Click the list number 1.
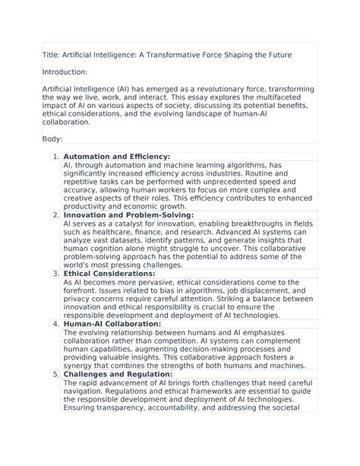(55, 157)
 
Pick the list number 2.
(55, 215)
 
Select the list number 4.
(55, 324)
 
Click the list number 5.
(55, 374)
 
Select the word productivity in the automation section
(90, 206)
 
